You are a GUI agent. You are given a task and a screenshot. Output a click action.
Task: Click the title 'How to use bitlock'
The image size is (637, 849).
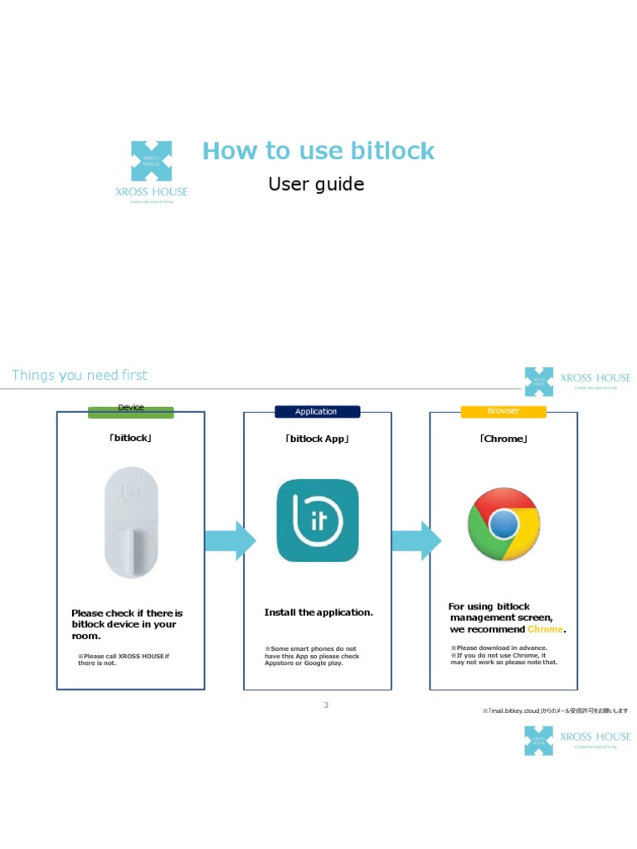[318, 151]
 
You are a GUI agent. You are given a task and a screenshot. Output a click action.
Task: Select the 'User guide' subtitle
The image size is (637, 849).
[316, 184]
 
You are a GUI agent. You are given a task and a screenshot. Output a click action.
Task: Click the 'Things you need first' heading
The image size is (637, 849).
[80, 376]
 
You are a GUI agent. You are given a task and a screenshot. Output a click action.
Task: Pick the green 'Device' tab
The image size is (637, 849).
[131, 409]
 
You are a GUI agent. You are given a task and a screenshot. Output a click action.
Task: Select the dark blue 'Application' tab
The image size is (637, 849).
[316, 411]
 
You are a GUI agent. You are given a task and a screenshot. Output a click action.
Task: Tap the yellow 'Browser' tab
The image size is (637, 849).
[503, 411]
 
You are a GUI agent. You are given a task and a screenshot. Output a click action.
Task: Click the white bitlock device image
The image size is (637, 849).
[131, 522]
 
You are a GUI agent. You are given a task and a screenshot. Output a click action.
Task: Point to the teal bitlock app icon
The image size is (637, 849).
[318, 521]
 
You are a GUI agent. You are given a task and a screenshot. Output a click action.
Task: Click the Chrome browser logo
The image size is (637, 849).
[503, 524]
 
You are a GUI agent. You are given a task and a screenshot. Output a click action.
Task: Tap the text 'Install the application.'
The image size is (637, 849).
[318, 613]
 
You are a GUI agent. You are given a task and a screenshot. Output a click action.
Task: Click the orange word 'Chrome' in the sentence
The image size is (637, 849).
[545, 629]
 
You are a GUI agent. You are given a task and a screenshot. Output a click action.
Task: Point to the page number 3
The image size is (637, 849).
[326, 705]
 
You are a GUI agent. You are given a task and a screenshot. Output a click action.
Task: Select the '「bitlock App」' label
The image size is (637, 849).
[317, 439]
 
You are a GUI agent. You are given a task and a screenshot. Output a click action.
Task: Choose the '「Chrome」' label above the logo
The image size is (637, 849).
[503, 439]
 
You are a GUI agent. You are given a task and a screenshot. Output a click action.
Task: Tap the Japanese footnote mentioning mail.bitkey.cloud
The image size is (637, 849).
[555, 711]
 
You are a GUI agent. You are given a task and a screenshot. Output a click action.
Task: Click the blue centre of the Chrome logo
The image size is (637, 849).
[503, 524]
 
